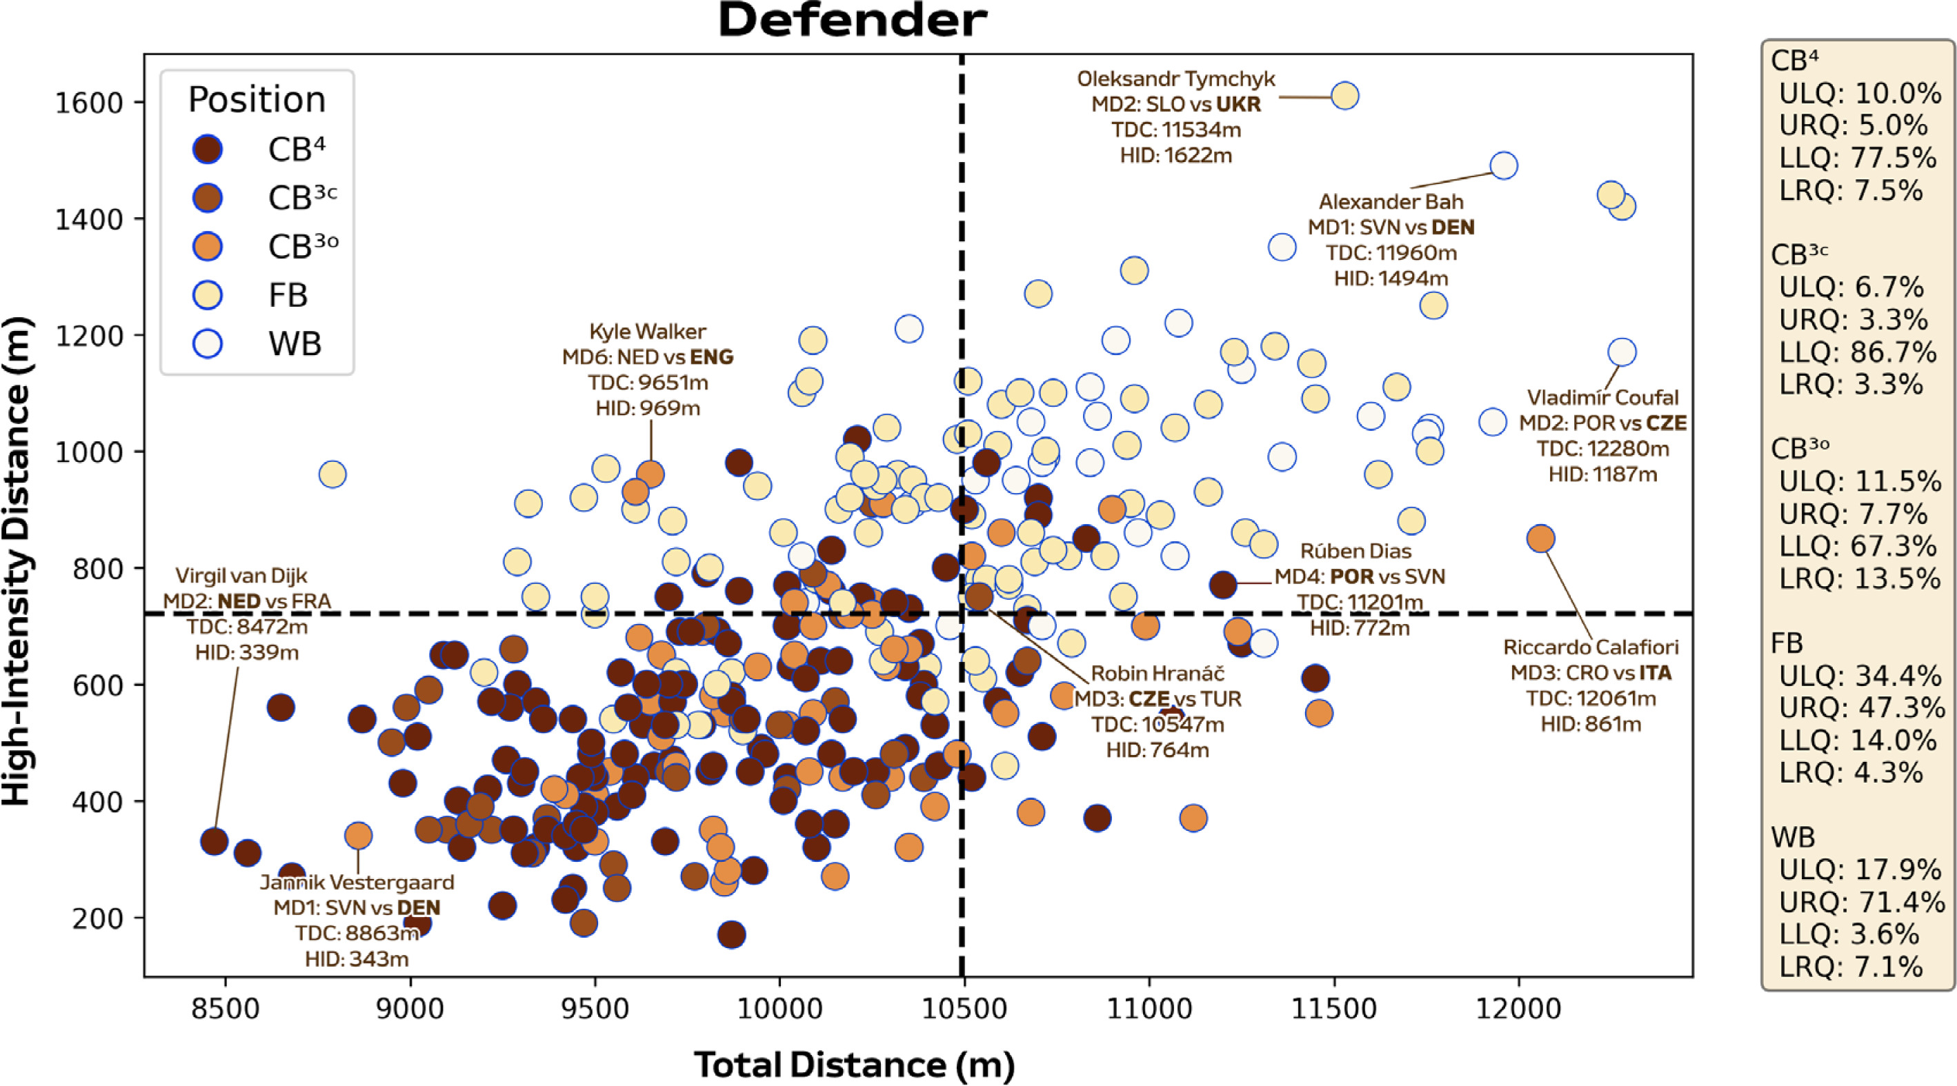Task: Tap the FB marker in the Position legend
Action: click(208, 294)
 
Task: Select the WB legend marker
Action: click(208, 343)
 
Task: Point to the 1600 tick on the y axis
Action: click(90, 103)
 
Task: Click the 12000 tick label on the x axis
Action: click(1519, 1009)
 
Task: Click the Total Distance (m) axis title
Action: click(854, 1064)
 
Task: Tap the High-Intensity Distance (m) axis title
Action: click(17, 562)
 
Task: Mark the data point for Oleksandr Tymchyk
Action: click(1344, 96)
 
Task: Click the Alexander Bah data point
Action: click(1504, 165)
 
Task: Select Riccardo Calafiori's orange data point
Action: click(1540, 539)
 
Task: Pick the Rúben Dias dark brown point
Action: click(1223, 585)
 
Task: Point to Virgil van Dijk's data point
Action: click(215, 841)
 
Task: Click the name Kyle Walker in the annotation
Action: click(647, 331)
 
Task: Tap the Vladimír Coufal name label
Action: click(1602, 397)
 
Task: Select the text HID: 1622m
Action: click(1175, 156)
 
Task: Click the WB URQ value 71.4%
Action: click(1899, 902)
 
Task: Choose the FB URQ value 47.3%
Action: click(1899, 708)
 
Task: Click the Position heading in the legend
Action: click(257, 99)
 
